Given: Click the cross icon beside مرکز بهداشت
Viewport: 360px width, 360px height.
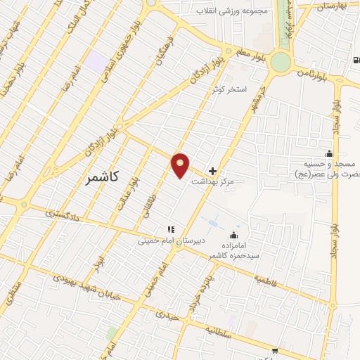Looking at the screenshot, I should tap(213, 171).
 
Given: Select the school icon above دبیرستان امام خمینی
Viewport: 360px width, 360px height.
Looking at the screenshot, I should tap(169, 229).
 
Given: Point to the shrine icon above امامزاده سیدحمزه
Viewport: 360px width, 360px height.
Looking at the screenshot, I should tap(233, 235).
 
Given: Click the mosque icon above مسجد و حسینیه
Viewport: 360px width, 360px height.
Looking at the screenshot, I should tap(328, 154).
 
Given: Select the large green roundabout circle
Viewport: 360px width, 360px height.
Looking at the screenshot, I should tap(281, 63).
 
